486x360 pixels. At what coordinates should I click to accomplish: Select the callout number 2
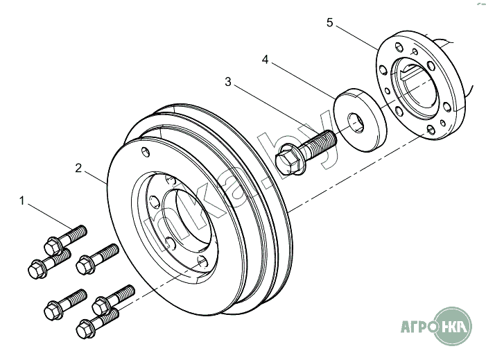point(79,168)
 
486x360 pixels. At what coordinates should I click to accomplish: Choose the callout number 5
point(330,23)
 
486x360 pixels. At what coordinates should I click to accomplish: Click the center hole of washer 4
point(356,123)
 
